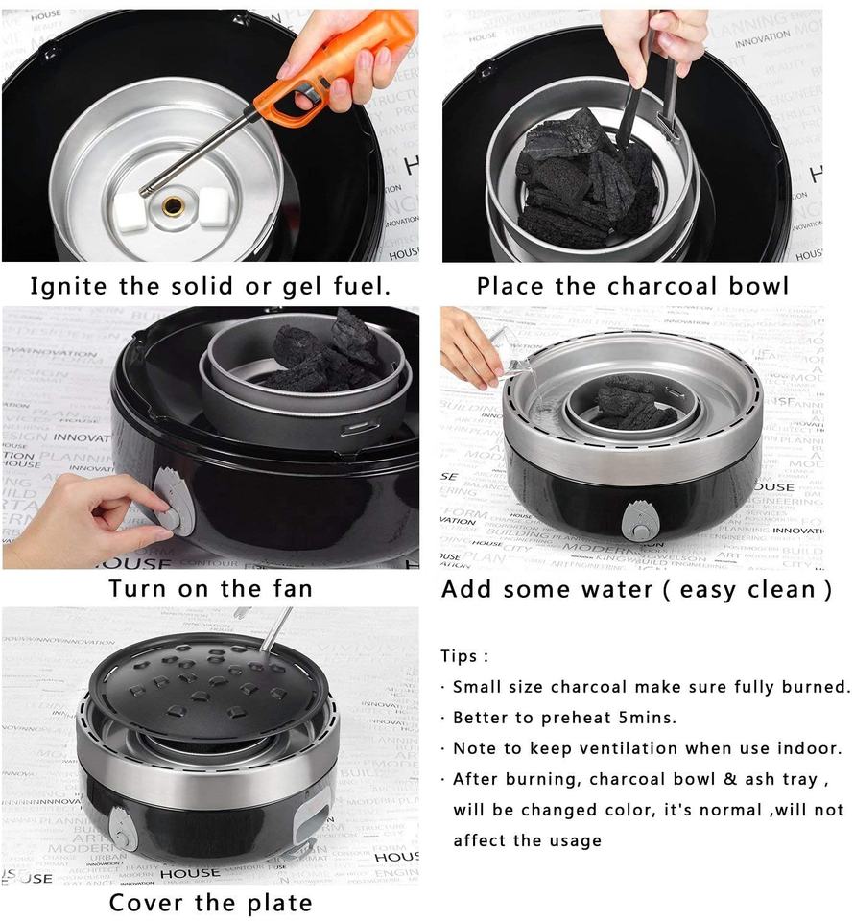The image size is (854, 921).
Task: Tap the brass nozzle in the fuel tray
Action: pos(173,205)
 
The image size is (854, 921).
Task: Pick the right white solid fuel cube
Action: pos(214,207)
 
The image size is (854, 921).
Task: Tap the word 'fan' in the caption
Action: pos(292,588)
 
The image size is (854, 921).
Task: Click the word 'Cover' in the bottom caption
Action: pos(147,902)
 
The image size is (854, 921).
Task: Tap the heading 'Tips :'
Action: pos(464,656)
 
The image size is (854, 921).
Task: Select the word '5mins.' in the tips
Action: pos(648,718)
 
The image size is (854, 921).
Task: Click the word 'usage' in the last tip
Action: pos(578,841)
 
